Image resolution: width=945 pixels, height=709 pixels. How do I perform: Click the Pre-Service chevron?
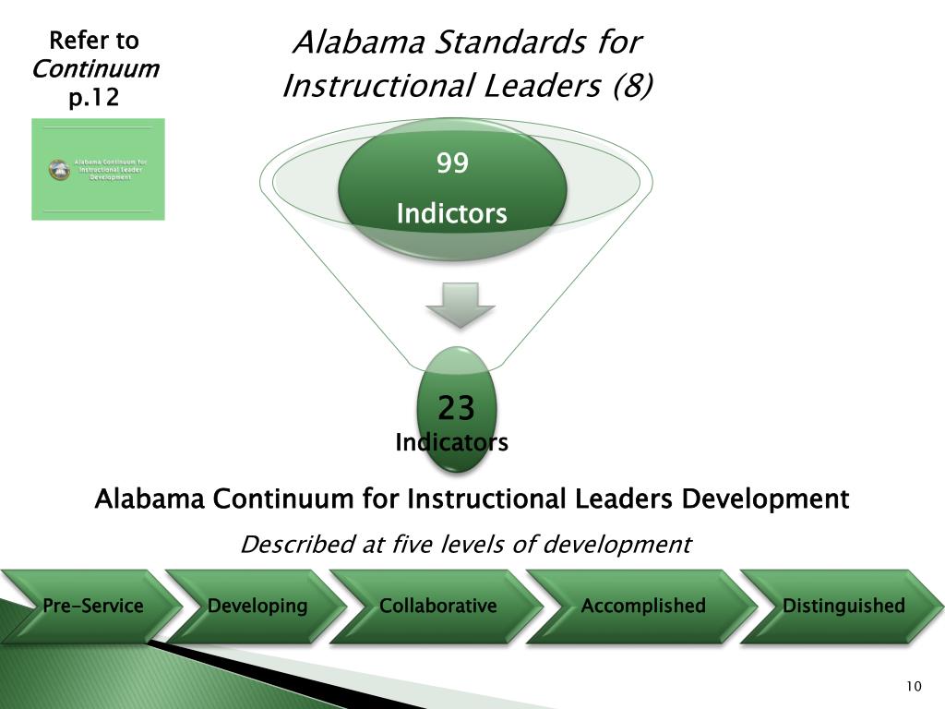point(92,607)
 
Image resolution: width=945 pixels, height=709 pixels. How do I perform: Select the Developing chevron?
point(257,607)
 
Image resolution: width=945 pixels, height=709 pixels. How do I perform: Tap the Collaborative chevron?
point(437,607)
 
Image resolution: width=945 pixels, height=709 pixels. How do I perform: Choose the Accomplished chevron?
point(643,607)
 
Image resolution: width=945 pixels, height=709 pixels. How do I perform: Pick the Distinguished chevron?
point(843,607)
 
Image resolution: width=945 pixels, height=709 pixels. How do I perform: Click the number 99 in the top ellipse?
point(452,163)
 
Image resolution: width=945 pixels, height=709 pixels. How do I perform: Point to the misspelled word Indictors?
point(452,214)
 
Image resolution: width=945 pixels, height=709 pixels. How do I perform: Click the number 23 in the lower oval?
point(456,407)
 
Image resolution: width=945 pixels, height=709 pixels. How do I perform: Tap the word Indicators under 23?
point(451,443)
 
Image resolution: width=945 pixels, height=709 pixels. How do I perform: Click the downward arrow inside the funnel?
point(460,305)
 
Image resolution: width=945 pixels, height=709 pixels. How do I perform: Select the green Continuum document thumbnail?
point(98,169)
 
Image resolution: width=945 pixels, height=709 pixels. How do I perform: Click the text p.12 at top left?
point(94,97)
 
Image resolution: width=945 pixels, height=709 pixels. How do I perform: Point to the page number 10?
point(914,686)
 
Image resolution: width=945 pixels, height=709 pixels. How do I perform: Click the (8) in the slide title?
point(631,86)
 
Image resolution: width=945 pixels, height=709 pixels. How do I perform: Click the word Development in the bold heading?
point(765,499)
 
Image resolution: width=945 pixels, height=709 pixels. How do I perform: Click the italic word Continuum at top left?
point(95,69)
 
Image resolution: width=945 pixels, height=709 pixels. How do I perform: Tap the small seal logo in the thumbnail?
point(60,170)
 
